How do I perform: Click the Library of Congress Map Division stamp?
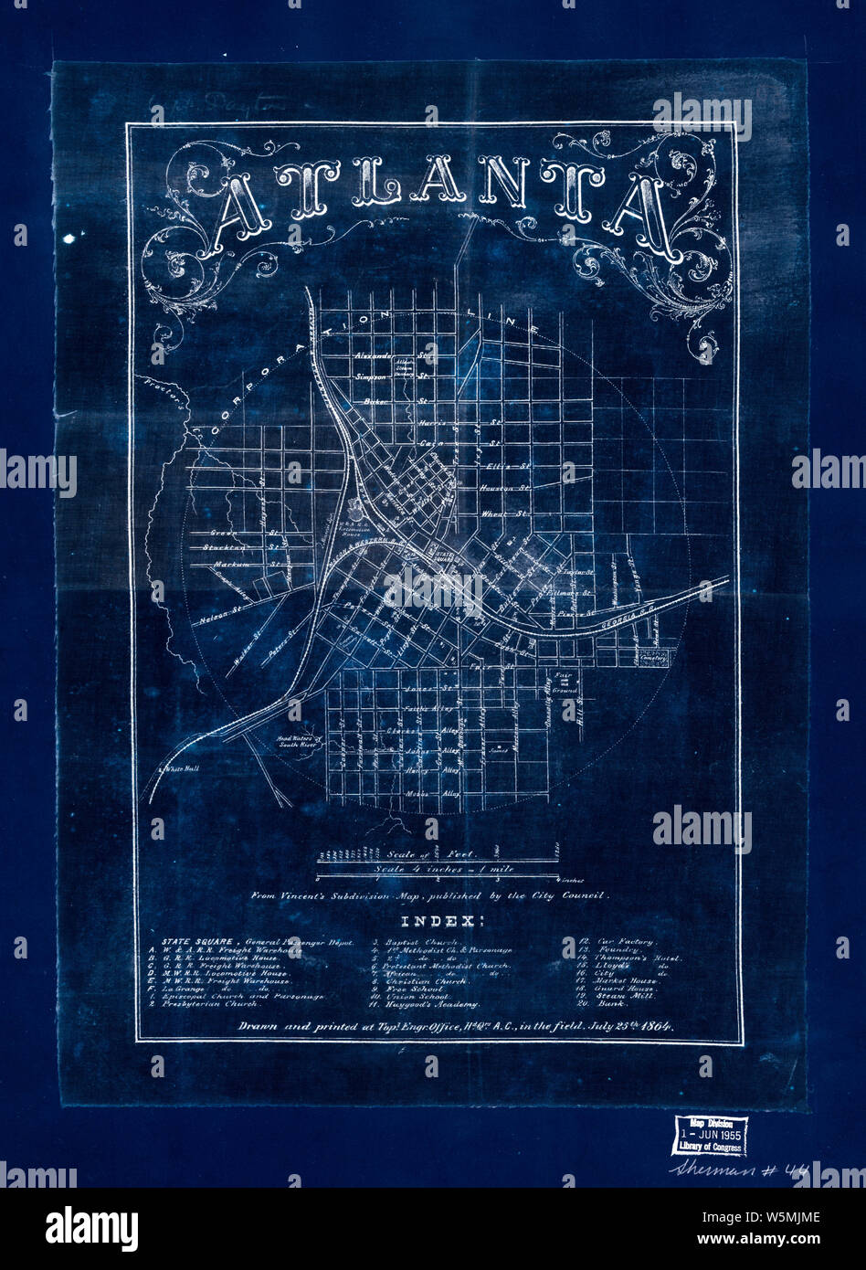coord(709,1136)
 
